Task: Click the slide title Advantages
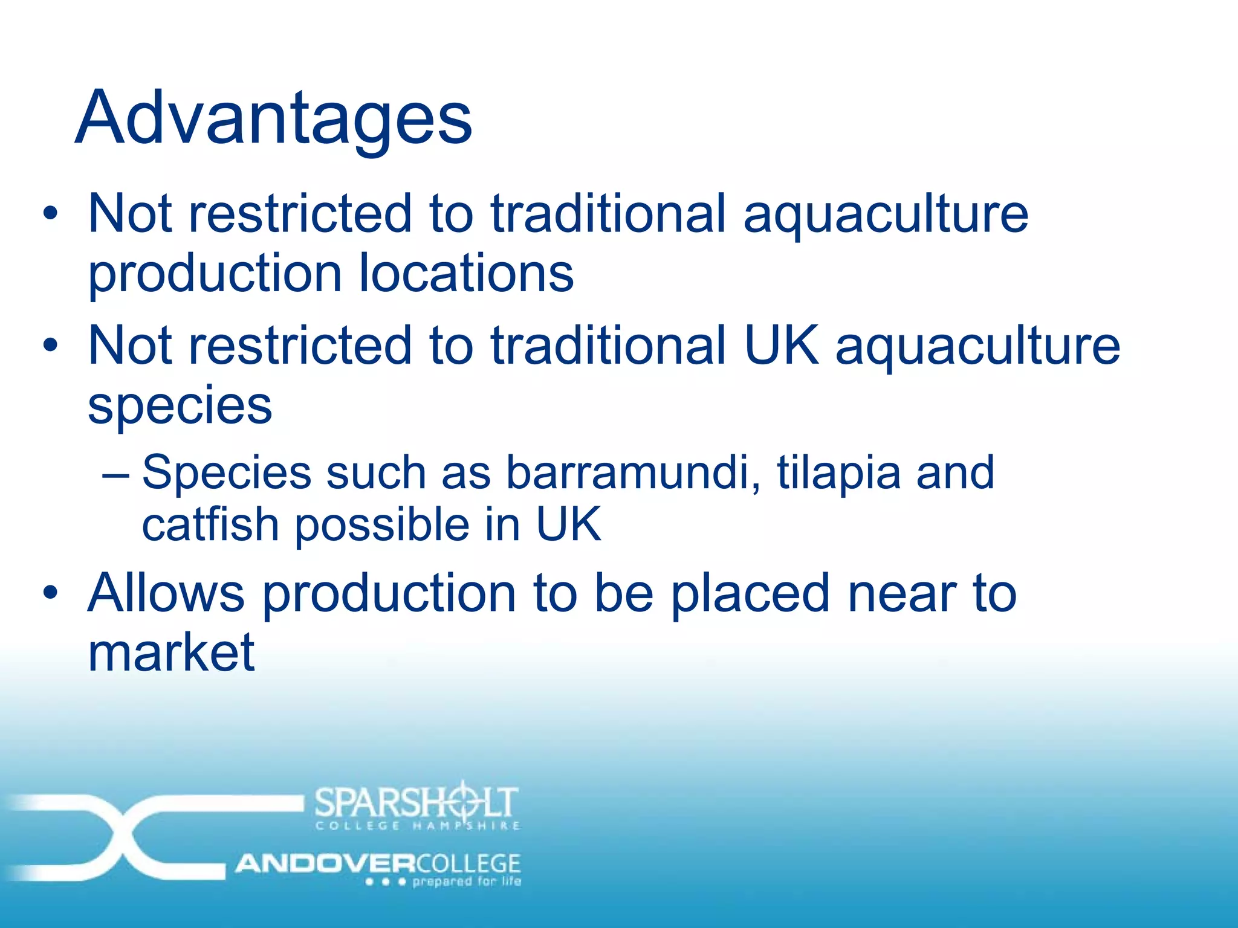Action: click(x=273, y=118)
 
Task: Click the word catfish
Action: click(x=210, y=524)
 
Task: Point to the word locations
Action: click(x=466, y=273)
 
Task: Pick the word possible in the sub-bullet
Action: click(x=382, y=525)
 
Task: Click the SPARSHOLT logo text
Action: click(x=416, y=802)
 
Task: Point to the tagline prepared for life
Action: click(x=466, y=881)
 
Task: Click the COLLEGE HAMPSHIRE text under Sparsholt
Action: click(x=417, y=826)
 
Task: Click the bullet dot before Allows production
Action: click(x=51, y=593)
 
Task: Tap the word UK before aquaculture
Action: click(x=781, y=345)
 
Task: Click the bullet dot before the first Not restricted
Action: click(x=51, y=213)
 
